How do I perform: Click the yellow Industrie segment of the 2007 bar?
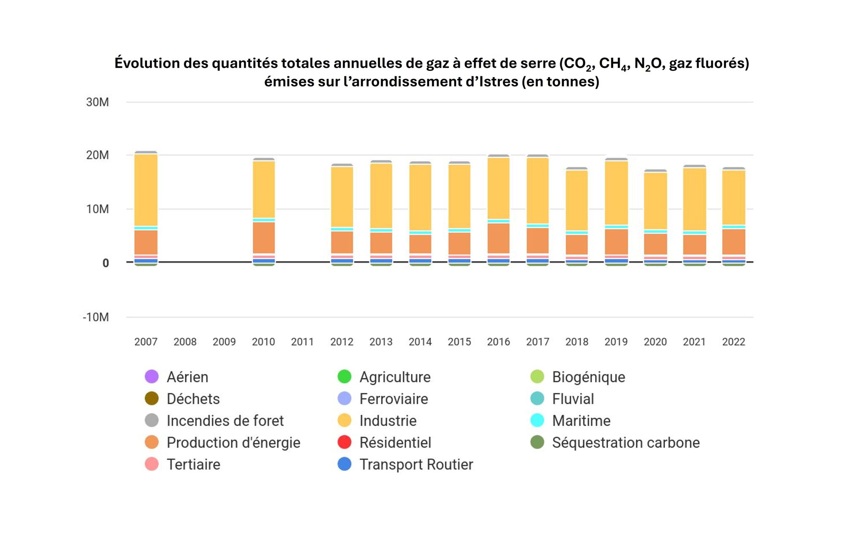tap(146, 190)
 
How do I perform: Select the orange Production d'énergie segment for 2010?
tap(264, 238)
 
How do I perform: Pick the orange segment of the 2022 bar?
tap(733, 242)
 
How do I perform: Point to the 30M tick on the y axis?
tap(97, 102)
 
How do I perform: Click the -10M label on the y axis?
tap(96, 317)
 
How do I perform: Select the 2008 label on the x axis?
tap(185, 342)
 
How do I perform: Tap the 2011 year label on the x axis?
tap(302, 342)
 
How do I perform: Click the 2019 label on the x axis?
tap(616, 342)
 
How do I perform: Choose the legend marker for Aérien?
tap(151, 376)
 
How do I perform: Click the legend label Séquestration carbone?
tap(625, 443)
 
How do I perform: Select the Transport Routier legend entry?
tap(416, 465)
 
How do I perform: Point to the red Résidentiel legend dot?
tap(344, 442)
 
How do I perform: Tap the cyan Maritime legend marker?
tap(537, 420)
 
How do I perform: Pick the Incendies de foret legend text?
tap(225, 421)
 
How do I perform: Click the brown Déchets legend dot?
tap(151, 398)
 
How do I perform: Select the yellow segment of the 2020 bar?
tap(655, 201)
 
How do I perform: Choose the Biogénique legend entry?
tap(588, 377)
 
